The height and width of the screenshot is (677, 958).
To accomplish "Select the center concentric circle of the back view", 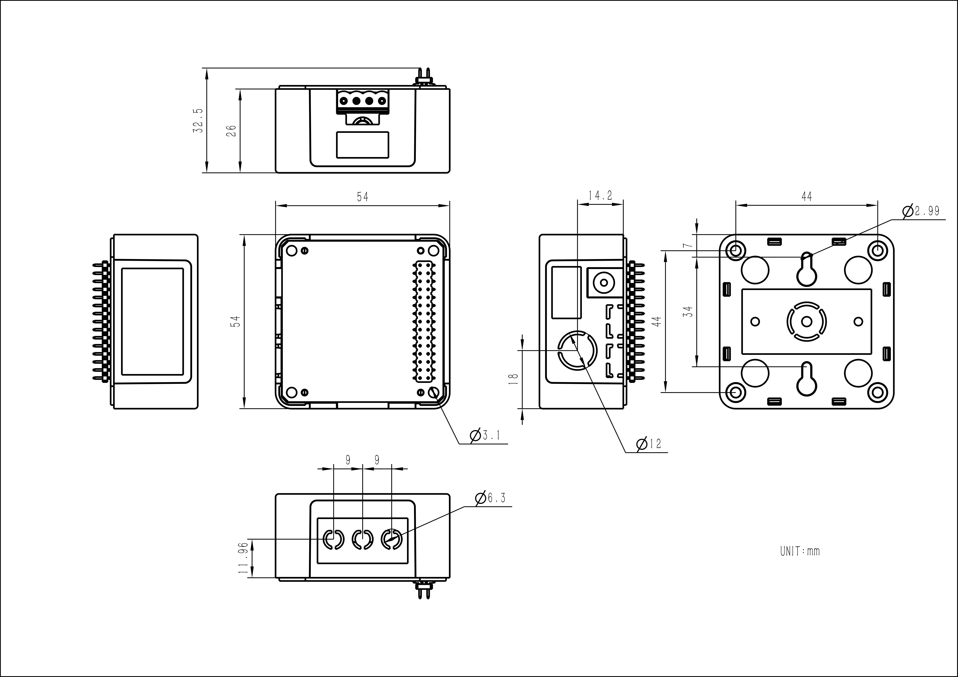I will [807, 322].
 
